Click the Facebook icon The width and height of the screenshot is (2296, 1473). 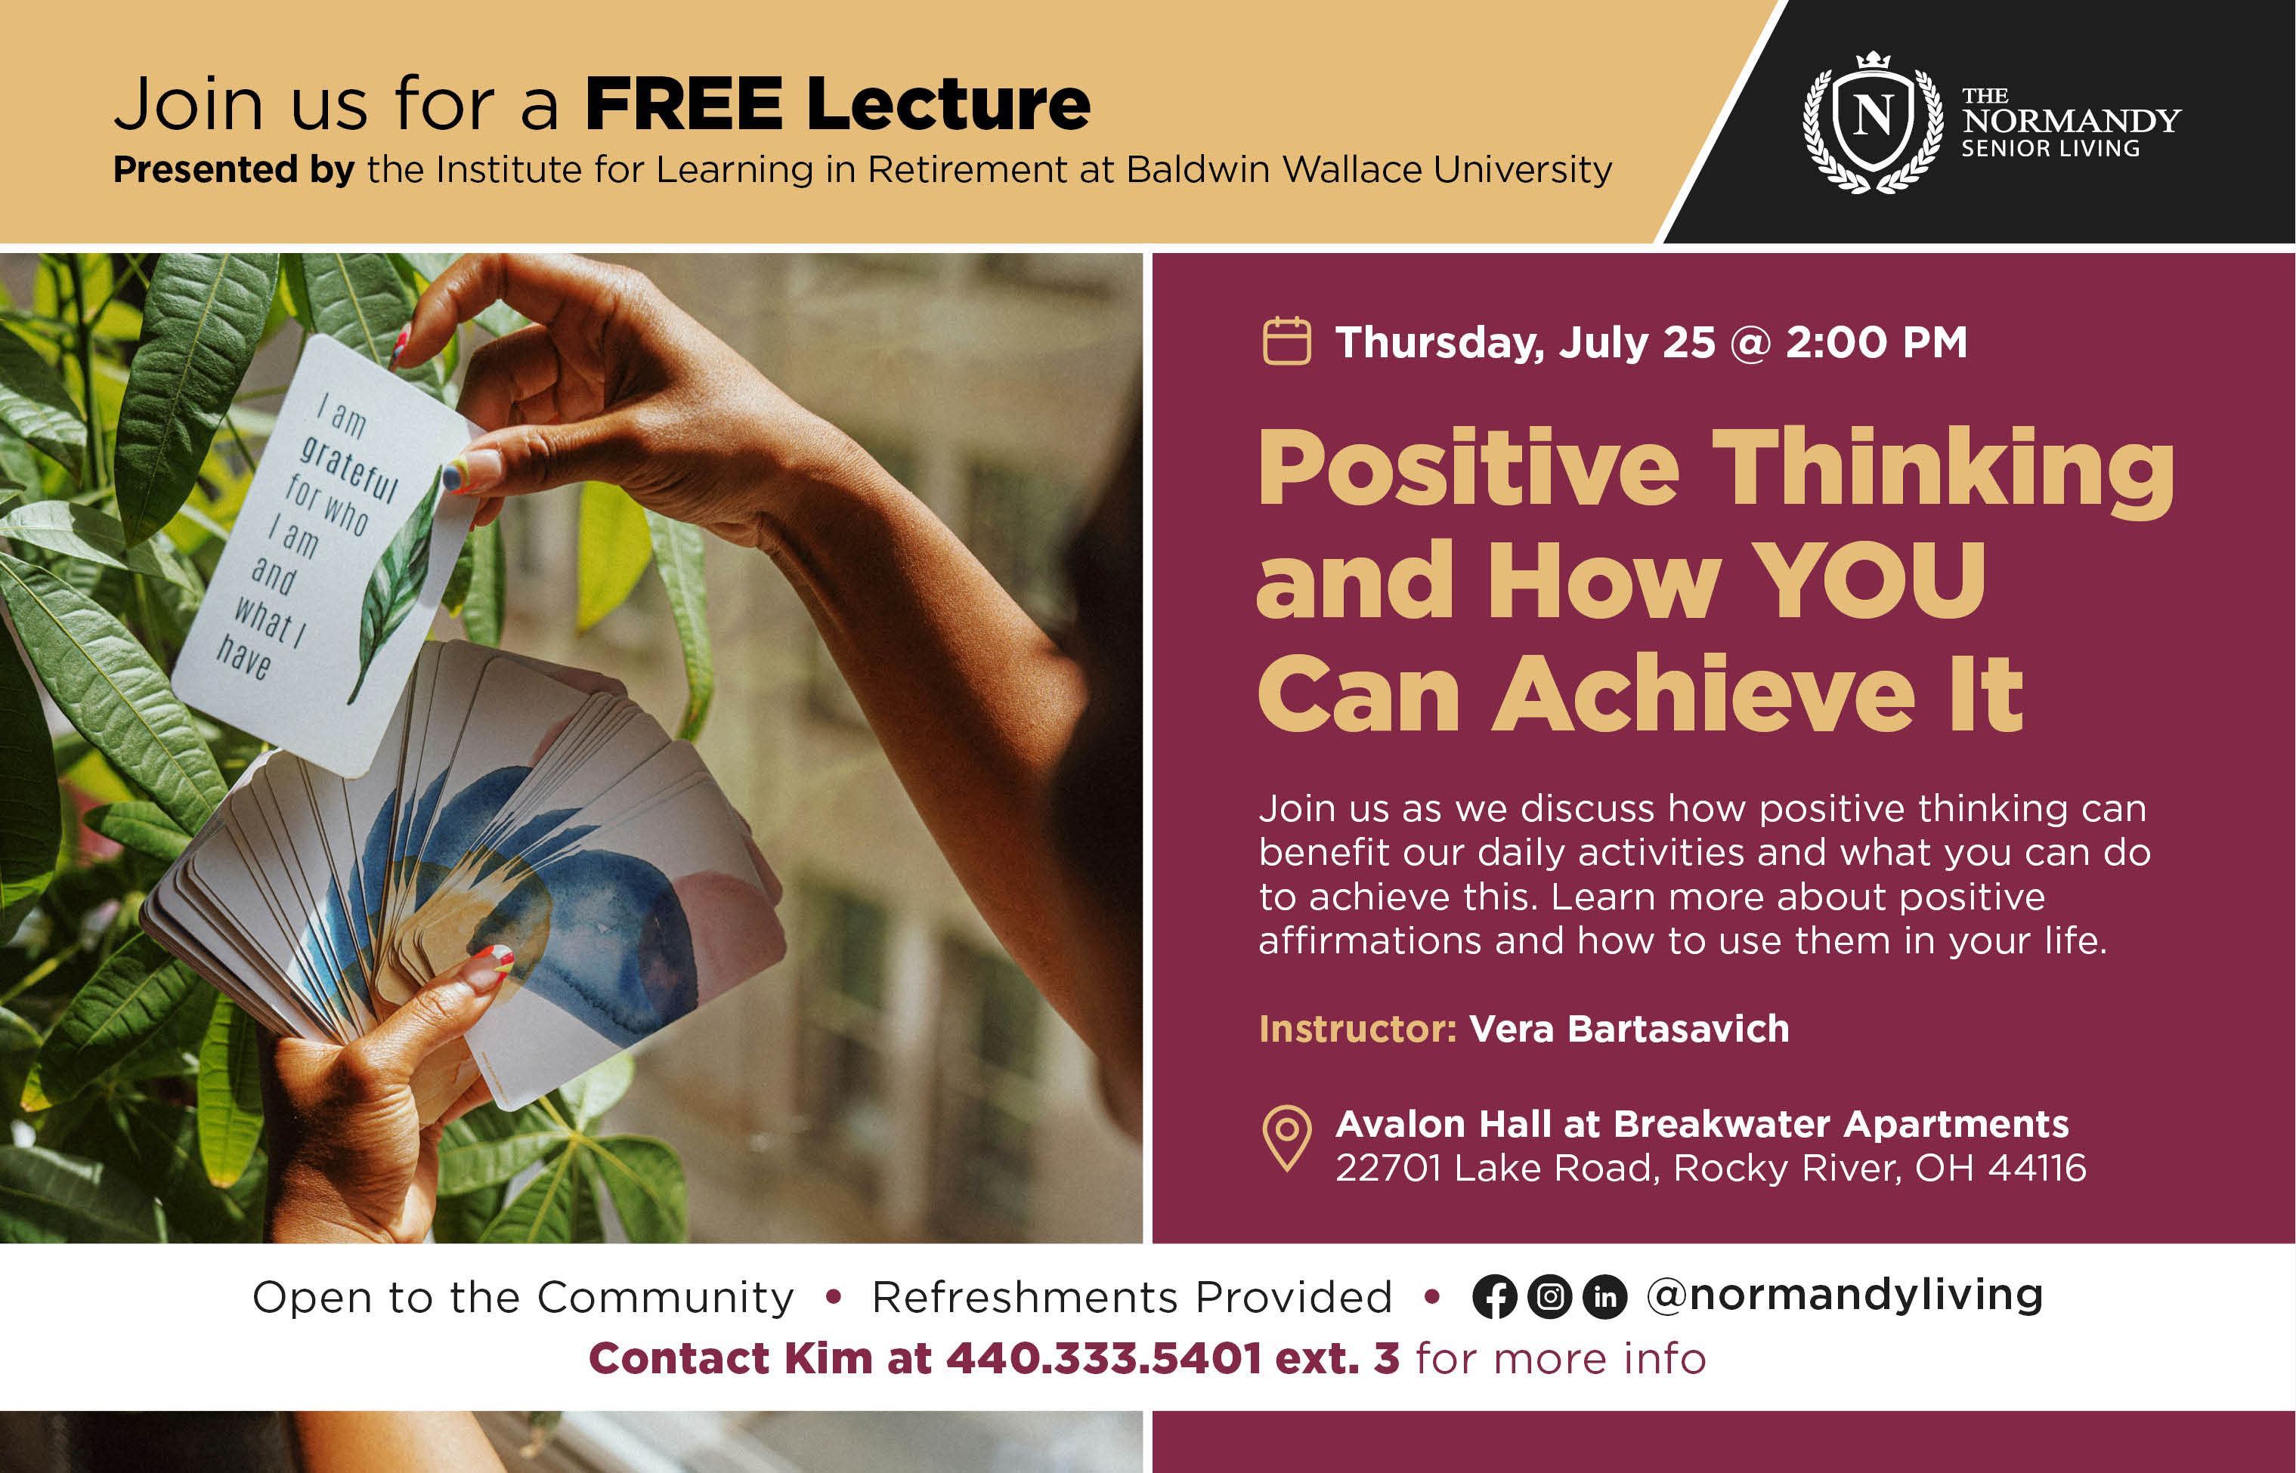coord(1494,1297)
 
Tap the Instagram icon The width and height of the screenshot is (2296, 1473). coord(1550,1297)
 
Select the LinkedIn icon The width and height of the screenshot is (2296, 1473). coord(1605,1297)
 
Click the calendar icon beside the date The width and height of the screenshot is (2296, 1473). coord(1287,341)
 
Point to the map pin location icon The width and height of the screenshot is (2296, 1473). coord(1288,1138)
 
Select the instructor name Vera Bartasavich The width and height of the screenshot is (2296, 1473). coord(1629,1029)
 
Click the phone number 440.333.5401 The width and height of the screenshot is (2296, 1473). coord(1104,1358)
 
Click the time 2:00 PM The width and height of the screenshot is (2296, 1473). coord(1876,342)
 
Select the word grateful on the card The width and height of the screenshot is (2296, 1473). coord(349,468)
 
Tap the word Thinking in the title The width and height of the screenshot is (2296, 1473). coord(1943,471)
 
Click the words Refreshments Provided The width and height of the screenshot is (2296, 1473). coord(1131,1298)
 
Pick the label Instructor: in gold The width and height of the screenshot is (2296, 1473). coord(1357,1029)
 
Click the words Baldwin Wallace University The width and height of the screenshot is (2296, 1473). coord(1369,170)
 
